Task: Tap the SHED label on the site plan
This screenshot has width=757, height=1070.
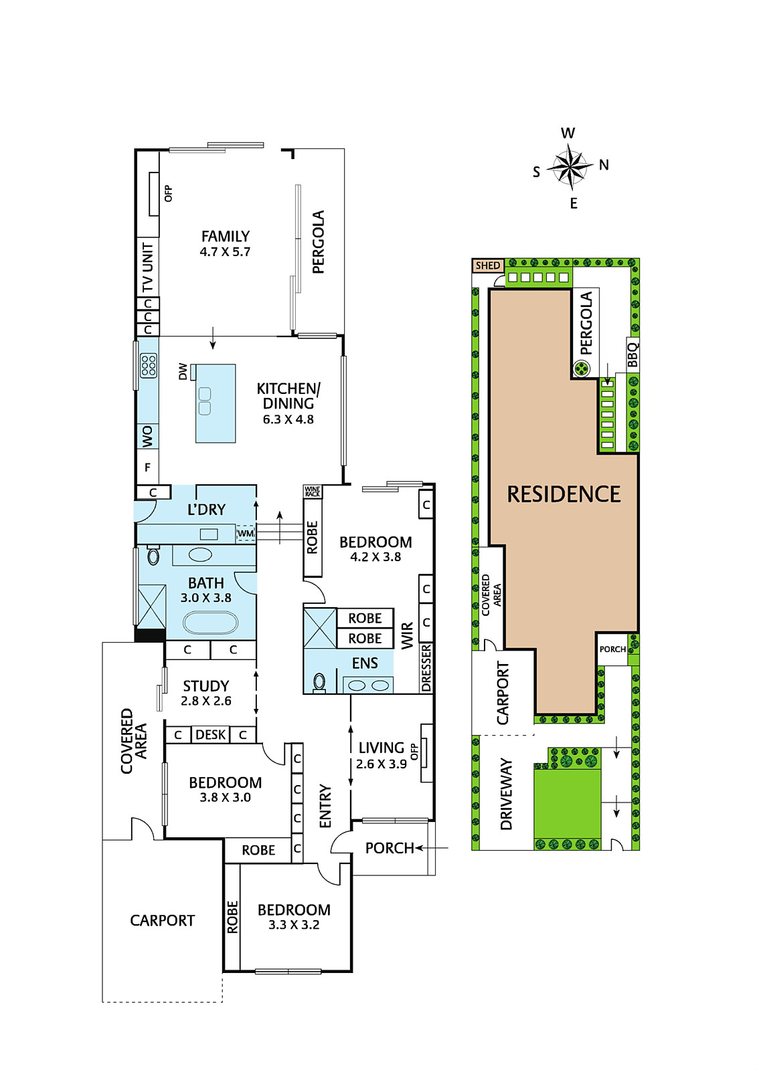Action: pyautogui.click(x=488, y=265)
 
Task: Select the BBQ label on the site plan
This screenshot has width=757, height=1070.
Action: pyautogui.click(x=633, y=354)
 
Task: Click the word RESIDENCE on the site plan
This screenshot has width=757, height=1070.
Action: pyautogui.click(x=564, y=494)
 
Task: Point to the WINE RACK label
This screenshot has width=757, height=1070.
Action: pyautogui.click(x=313, y=491)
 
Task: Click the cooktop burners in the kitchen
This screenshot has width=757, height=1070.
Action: pyautogui.click(x=148, y=365)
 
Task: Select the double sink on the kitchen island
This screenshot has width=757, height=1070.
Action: pyautogui.click(x=205, y=401)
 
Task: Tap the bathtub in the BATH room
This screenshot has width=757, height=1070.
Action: pyautogui.click(x=210, y=623)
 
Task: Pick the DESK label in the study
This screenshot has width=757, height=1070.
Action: pyautogui.click(x=210, y=734)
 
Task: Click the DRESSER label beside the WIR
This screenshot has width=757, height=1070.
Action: pyautogui.click(x=426, y=668)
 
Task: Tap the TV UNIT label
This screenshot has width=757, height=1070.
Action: pyautogui.click(x=148, y=267)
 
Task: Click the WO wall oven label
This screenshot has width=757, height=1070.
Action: pyautogui.click(x=147, y=437)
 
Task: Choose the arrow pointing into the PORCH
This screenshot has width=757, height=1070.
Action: pyautogui.click(x=432, y=848)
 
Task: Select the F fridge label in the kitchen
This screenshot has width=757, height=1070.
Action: pyautogui.click(x=147, y=467)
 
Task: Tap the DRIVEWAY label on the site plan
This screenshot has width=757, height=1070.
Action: pyautogui.click(x=506, y=794)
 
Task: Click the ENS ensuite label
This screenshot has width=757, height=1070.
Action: pyautogui.click(x=365, y=663)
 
